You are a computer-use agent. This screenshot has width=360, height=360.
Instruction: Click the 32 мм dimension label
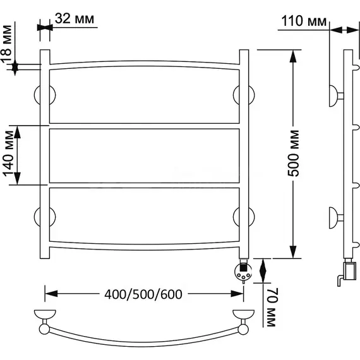(x=75, y=18)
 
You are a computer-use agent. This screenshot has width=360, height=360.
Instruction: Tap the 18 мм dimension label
(x=6, y=44)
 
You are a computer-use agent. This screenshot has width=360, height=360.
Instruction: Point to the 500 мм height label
(x=294, y=153)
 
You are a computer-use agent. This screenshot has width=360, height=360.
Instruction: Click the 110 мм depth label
(x=304, y=21)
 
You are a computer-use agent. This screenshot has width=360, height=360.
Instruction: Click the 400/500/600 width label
(x=143, y=294)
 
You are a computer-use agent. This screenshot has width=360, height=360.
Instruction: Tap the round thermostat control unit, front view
(x=243, y=272)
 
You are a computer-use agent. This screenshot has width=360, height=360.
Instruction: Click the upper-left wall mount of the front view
(x=45, y=95)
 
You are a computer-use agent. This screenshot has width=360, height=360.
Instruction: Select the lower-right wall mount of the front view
(x=244, y=217)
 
